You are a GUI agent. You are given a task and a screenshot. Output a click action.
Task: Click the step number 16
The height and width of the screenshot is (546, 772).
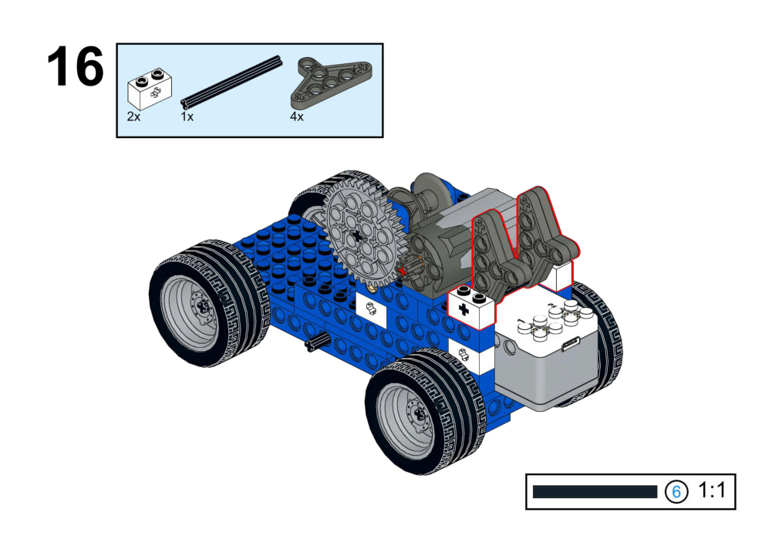click(76, 66)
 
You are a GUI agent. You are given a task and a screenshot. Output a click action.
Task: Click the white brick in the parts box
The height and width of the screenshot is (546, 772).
click(150, 89)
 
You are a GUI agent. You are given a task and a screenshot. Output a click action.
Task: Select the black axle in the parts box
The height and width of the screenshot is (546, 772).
click(231, 82)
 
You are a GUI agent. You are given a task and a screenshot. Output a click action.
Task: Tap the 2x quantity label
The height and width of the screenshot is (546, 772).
click(133, 116)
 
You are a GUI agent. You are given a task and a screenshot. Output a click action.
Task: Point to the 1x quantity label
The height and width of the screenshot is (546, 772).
click(187, 116)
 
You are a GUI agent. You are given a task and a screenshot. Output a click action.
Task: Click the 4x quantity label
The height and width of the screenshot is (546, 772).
click(297, 116)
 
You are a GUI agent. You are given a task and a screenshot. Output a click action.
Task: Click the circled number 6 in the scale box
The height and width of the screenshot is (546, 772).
click(676, 491)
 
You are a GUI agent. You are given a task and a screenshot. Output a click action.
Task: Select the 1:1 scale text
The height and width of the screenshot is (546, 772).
click(712, 490)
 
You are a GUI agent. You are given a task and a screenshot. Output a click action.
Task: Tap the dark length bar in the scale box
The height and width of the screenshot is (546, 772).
click(595, 492)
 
